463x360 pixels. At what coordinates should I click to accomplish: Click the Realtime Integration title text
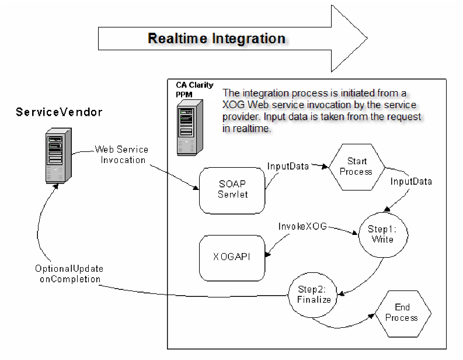coord(216,39)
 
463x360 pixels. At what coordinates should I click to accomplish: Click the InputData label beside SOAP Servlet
coord(287,166)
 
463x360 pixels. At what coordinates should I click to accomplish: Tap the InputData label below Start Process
coord(411,182)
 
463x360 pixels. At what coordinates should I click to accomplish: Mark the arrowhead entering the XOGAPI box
coord(269,253)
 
